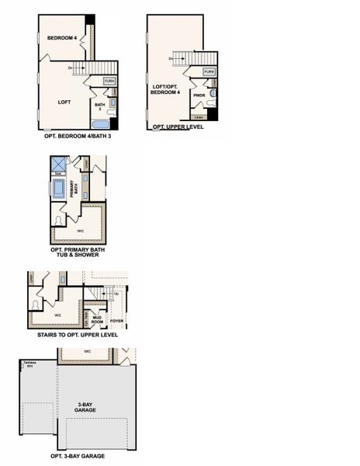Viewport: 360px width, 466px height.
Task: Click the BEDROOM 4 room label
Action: [61, 38]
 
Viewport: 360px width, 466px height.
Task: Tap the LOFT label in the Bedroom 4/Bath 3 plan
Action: [65, 102]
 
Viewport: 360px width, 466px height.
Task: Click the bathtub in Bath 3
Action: [101, 123]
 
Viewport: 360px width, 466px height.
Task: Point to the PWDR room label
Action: [198, 97]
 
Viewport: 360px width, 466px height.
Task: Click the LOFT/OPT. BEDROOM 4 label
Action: [165, 90]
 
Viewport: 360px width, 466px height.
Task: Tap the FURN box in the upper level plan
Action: [209, 71]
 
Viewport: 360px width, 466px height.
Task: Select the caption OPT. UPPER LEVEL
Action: [178, 127]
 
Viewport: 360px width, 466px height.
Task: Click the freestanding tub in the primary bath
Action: [59, 188]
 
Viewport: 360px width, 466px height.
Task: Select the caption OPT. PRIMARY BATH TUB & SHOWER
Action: [79, 252]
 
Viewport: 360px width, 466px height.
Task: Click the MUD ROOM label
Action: [97, 318]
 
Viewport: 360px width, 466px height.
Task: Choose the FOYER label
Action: [117, 320]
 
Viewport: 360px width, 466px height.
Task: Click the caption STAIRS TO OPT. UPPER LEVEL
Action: [78, 335]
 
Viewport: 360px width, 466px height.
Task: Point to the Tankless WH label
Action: [29, 364]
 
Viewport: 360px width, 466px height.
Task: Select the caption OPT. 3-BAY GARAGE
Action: [78, 456]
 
